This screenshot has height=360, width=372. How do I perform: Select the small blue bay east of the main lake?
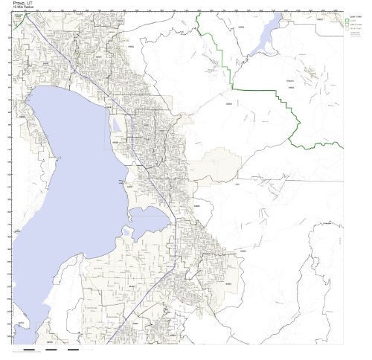tap(151, 219)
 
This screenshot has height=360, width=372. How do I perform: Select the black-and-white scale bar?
tap(56, 348)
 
